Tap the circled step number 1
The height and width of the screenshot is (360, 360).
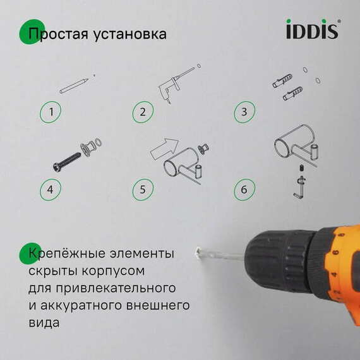pyautogui.click(x=52, y=112)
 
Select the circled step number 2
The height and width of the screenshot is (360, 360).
pyautogui.click(x=143, y=112)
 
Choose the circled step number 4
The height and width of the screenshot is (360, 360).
pyautogui.click(x=52, y=188)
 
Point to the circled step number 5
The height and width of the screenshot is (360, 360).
pyautogui.click(x=143, y=188)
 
